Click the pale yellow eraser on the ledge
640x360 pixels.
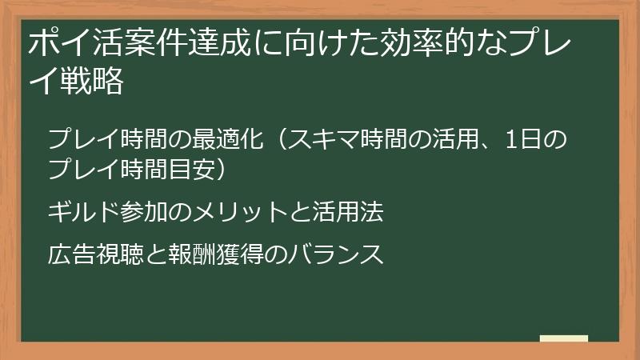[x=563, y=338]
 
